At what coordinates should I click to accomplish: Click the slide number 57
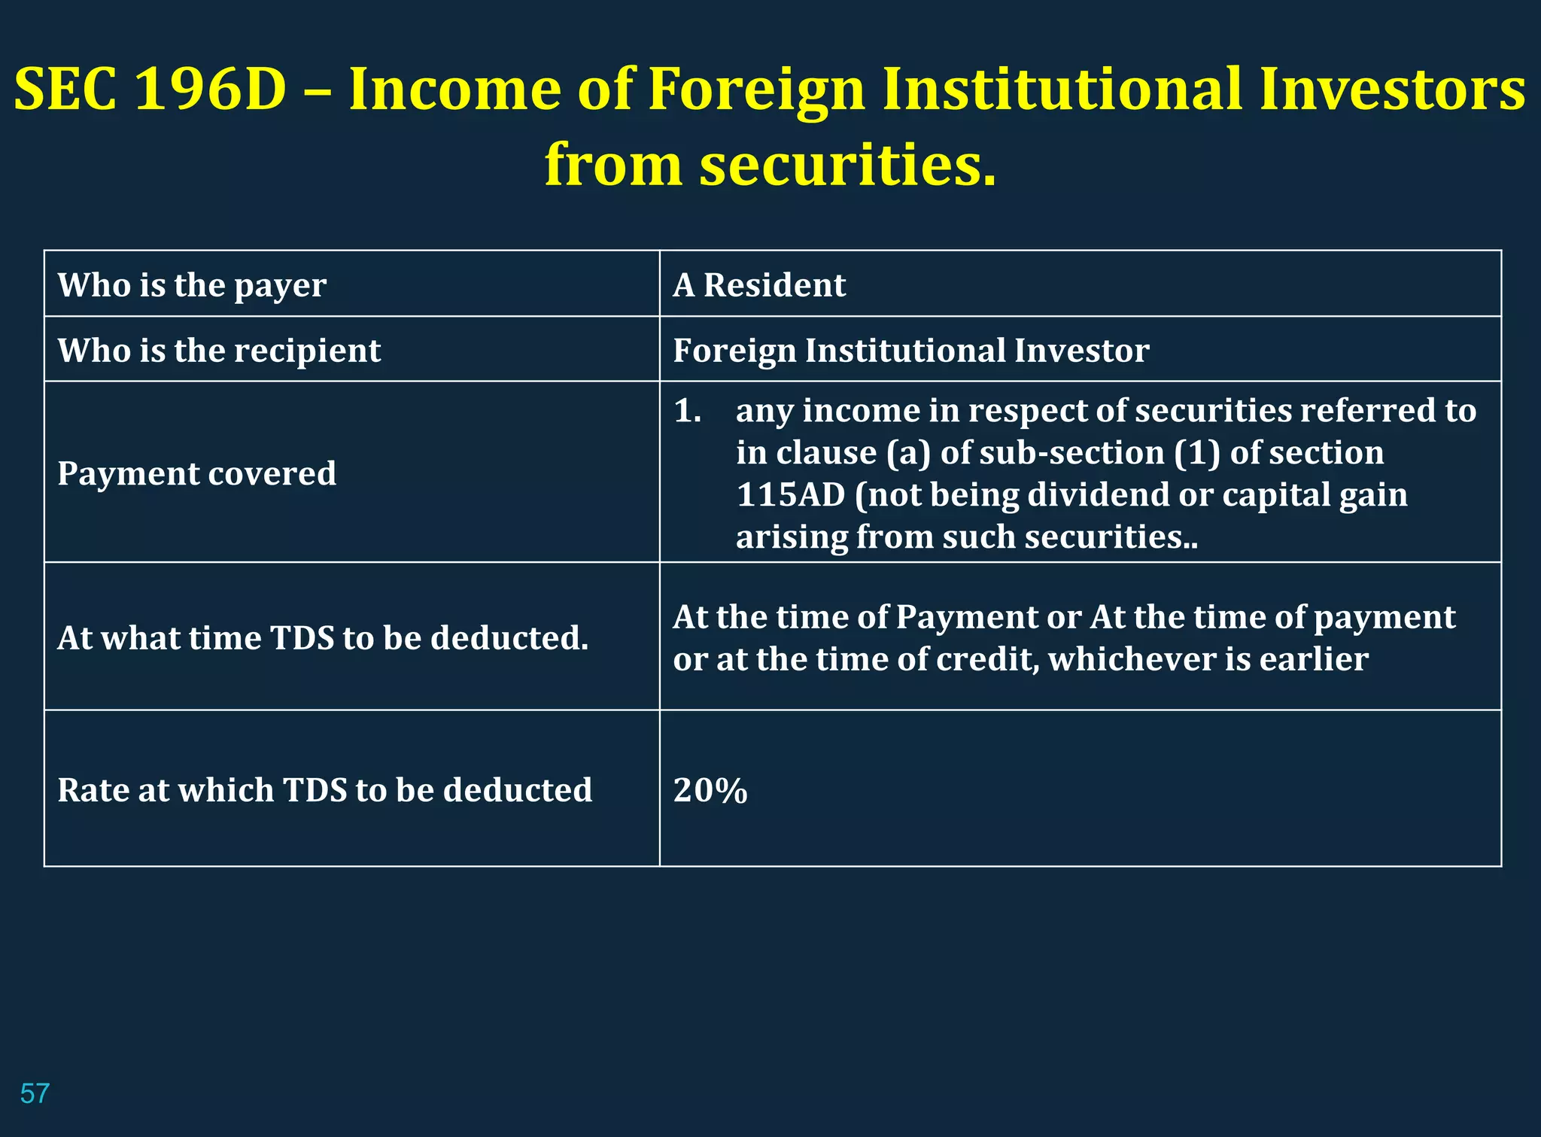[x=35, y=1093]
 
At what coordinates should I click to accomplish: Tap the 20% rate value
[x=710, y=790]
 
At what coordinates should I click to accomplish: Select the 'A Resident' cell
[x=759, y=285]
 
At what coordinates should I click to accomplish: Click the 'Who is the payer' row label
[x=192, y=285]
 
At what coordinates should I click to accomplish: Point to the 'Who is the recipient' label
[x=219, y=351]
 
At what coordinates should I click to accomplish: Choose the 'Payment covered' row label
[x=196, y=473]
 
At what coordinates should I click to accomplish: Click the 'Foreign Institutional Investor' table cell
[x=910, y=351]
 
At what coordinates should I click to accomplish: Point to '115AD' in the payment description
[x=790, y=495]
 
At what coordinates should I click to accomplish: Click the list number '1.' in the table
[x=687, y=411]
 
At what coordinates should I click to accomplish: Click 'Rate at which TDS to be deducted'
[x=324, y=790]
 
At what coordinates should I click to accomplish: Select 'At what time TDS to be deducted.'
[x=323, y=638]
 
